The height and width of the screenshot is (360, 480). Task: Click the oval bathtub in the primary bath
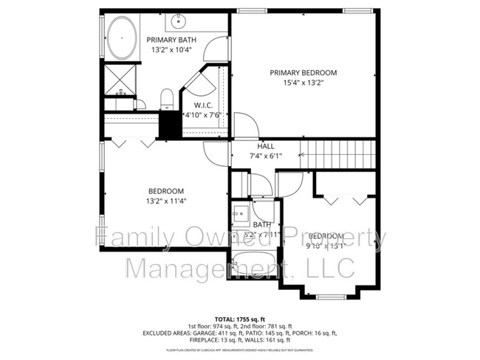point(120,38)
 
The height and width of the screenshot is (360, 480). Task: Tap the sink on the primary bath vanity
point(179,19)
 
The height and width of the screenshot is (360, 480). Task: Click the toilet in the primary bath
point(167,98)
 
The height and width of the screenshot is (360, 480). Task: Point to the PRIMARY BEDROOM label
point(303,72)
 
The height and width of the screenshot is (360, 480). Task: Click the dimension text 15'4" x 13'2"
point(303,83)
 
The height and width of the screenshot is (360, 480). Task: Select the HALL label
point(265,146)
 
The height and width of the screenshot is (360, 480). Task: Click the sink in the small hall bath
point(240,216)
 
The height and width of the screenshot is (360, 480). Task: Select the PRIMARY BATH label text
point(171,40)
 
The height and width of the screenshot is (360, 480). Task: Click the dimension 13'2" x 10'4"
point(171,50)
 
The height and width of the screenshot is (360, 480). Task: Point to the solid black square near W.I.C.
point(170,124)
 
